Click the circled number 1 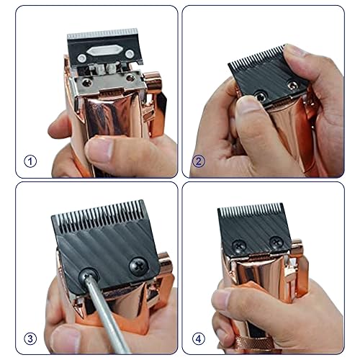tap(30, 161)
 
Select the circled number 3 tap(30, 338)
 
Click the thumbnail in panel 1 tap(101, 149)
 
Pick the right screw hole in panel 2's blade tap(292, 85)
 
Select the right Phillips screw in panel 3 tap(135, 265)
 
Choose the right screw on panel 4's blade tap(276, 242)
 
